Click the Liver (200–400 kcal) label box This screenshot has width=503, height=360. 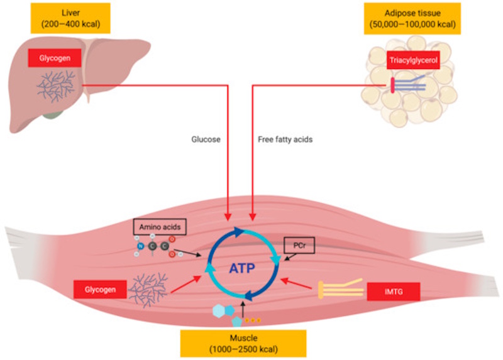click(x=70, y=18)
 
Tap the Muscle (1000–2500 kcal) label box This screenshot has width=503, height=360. click(x=243, y=342)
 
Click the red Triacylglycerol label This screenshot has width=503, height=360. click(x=412, y=61)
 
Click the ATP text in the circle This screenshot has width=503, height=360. click(x=243, y=268)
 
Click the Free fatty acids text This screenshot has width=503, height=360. click(x=285, y=139)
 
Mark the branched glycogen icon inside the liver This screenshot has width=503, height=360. click(x=58, y=85)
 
